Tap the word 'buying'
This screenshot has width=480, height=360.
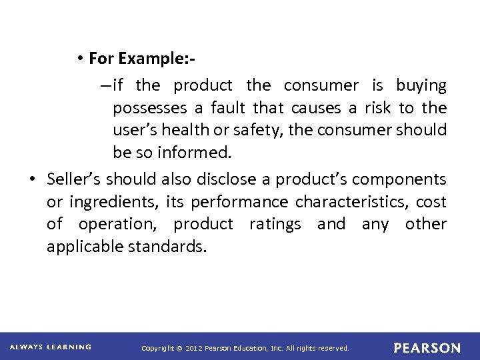pyautogui.click(x=421, y=85)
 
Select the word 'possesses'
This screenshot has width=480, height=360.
pyautogui.click(x=145, y=108)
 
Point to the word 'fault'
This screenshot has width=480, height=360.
pyautogui.click(x=227, y=108)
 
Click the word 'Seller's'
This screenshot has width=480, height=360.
pyautogui.click(x=75, y=179)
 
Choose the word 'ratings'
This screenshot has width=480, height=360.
pyautogui.click(x=275, y=224)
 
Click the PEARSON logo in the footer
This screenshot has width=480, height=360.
pyautogui.click(x=427, y=348)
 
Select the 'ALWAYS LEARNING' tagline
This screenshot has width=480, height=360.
pyautogui.click(x=51, y=347)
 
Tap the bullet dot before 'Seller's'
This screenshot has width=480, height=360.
pyautogui.click(x=32, y=179)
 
